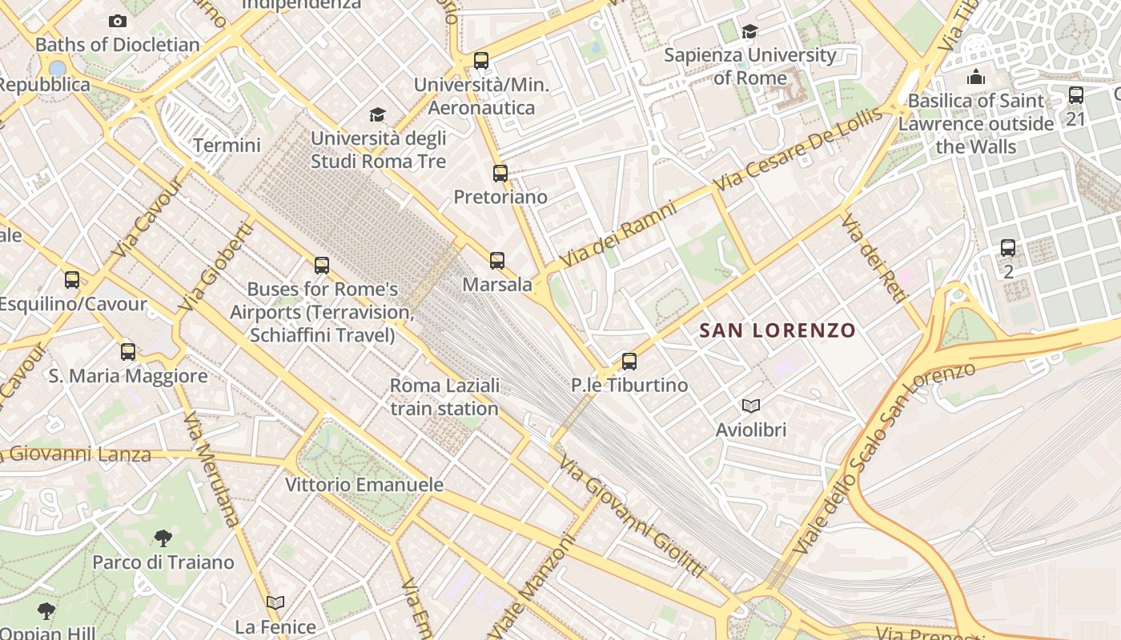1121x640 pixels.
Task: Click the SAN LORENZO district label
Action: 777,330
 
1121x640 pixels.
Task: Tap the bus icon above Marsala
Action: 497,260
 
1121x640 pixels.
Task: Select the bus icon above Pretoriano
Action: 500,173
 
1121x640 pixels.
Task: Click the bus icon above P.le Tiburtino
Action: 629,362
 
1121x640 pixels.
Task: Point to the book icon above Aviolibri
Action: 750,406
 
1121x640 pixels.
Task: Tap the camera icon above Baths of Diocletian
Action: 118,21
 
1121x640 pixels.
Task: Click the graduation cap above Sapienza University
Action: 749,31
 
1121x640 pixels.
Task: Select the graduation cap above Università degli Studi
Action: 377,114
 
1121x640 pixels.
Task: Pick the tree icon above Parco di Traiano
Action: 163,538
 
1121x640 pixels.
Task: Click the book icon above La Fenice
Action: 275,602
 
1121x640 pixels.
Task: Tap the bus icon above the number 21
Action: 1076,95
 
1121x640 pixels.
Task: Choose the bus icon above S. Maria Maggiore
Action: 128,351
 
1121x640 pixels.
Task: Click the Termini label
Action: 227,146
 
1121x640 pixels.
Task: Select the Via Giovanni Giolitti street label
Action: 632,517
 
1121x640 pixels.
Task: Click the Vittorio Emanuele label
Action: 364,485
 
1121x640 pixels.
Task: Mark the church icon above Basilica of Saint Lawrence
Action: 976,78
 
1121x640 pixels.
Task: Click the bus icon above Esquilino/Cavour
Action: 72,280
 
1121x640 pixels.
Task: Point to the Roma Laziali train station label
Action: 444,397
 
